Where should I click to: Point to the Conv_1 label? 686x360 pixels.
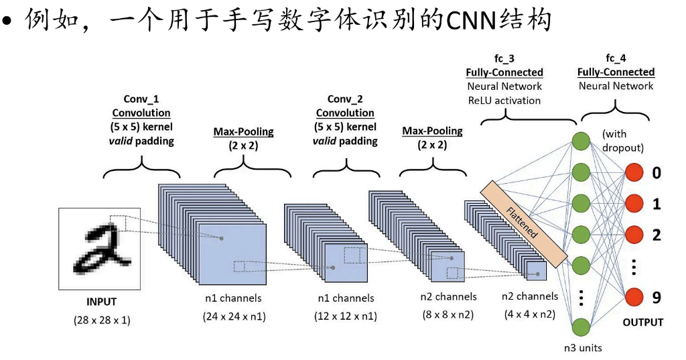[x=141, y=99]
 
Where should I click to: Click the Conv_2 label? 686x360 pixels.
[x=345, y=99]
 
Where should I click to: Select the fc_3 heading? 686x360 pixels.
[x=504, y=59]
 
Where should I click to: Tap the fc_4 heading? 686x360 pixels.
[x=616, y=59]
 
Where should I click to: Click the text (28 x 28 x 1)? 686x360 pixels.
[x=102, y=320]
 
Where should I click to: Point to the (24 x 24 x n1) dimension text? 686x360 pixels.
[x=234, y=316]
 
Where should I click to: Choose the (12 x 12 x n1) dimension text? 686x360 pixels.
[x=345, y=316]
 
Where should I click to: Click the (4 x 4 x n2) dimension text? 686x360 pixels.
[x=531, y=314]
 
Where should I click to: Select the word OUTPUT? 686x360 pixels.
[x=642, y=322]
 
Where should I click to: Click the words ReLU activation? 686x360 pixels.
[x=504, y=101]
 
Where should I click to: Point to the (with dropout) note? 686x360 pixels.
[x=623, y=141]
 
